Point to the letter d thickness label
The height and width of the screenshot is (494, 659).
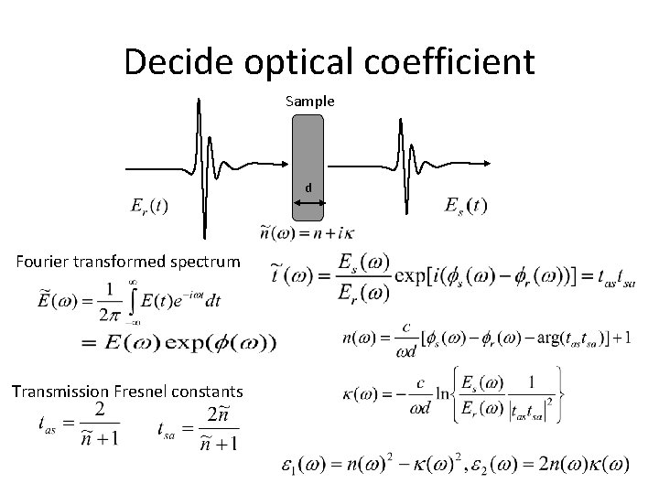tap(309, 187)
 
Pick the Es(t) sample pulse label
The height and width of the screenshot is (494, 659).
tap(465, 205)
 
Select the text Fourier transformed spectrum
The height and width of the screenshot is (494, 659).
tap(128, 263)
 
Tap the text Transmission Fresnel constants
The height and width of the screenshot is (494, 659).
tap(127, 392)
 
